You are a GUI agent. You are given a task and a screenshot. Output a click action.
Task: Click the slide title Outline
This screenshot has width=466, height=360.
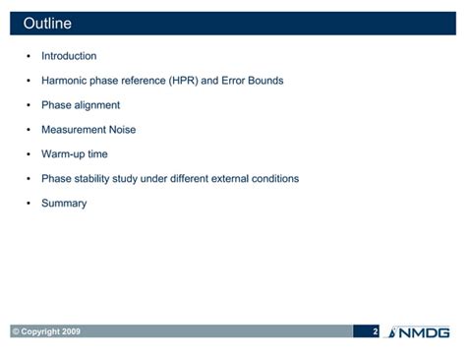[x=46, y=24]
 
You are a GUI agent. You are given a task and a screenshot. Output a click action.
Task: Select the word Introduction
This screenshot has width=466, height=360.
[x=69, y=56]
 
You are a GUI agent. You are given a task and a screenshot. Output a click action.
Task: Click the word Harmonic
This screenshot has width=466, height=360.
[x=65, y=81]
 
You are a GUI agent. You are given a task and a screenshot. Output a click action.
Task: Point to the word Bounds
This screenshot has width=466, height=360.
[x=265, y=81]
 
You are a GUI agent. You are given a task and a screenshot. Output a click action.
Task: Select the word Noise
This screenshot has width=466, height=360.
[x=121, y=130]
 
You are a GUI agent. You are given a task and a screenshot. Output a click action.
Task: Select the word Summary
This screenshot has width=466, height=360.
[x=64, y=204]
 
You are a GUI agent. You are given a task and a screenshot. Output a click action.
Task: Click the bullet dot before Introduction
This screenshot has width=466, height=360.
[x=28, y=56]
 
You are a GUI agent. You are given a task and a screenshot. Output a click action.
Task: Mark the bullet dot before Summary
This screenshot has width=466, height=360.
[x=28, y=204]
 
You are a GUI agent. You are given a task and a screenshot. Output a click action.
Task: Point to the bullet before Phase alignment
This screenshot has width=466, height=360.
[x=28, y=105]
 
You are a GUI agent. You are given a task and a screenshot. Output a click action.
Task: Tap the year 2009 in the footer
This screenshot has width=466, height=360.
[x=70, y=331]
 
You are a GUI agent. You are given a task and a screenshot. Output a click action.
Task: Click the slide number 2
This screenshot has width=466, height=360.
[x=375, y=331]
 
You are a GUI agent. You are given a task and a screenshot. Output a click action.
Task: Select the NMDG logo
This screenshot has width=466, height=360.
[x=420, y=331]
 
